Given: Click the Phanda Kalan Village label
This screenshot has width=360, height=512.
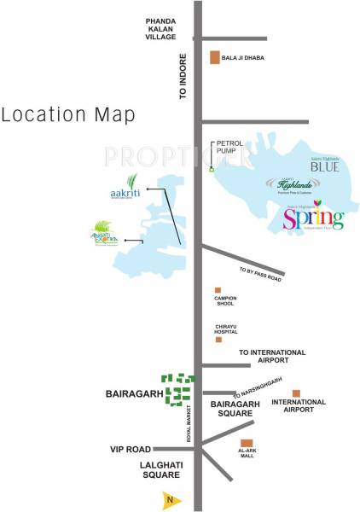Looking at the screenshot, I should [160, 27].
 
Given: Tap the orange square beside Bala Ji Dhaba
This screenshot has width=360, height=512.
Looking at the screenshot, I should [215, 57].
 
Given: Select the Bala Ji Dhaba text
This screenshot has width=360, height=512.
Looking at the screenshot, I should [242, 58].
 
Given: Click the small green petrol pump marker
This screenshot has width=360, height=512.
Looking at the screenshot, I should [212, 168].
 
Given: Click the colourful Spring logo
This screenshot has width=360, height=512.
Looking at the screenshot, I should [313, 218].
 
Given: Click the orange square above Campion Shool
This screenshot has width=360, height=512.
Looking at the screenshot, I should [218, 290].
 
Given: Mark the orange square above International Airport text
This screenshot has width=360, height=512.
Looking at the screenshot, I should [296, 393].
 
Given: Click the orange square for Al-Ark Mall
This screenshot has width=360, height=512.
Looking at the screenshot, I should [246, 443].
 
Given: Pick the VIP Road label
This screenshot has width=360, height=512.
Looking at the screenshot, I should [130, 449].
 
